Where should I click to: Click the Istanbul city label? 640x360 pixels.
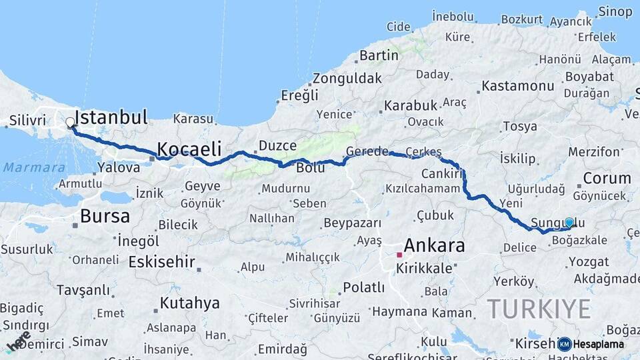tap(111, 118)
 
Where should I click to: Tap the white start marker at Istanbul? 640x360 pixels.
tap(70, 123)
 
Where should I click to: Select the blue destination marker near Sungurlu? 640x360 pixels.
tap(569, 223)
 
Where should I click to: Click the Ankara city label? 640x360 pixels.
tap(434, 245)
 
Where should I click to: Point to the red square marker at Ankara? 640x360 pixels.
tap(399, 255)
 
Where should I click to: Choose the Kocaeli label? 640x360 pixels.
tap(189, 149)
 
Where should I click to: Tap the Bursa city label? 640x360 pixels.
tap(105, 216)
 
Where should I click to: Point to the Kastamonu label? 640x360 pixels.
tap(518, 86)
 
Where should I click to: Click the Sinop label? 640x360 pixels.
tap(615, 11)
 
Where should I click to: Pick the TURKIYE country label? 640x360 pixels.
tap(539, 309)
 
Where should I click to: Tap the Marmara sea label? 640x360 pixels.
tap(34, 167)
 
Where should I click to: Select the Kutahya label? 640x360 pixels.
tap(189, 303)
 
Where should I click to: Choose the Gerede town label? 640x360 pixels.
tap(367, 151)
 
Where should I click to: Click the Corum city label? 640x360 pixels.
tap(607, 178)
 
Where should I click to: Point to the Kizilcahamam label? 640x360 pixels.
tap(422, 189)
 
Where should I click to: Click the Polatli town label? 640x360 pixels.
tap(363, 287)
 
